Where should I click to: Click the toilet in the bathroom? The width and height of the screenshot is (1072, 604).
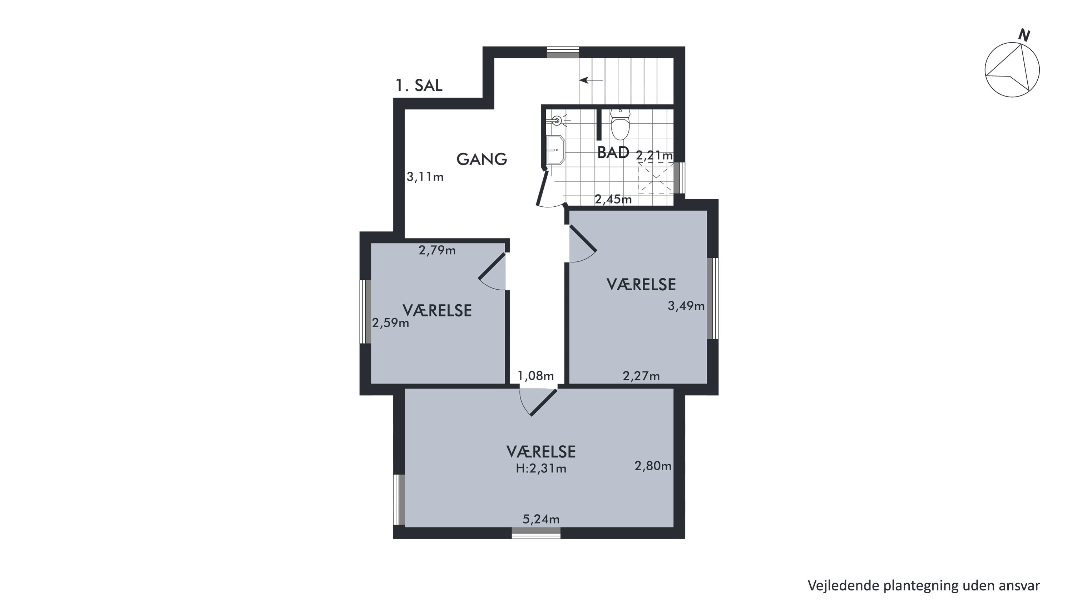click(620, 124)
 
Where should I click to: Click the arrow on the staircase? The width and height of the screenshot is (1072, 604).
click(591, 80)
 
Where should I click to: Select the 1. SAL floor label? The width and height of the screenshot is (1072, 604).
click(419, 86)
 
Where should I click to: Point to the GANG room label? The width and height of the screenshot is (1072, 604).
click(482, 159)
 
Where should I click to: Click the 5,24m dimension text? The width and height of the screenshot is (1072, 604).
click(541, 519)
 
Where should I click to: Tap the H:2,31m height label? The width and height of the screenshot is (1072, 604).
click(541, 469)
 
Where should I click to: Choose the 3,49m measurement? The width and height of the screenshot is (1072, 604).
click(686, 306)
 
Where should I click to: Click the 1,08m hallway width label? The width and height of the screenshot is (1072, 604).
click(535, 376)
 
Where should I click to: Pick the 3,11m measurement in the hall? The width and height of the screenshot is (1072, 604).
click(425, 177)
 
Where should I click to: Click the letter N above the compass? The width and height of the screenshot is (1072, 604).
click(1024, 35)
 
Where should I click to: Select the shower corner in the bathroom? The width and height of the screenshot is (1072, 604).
click(656, 178)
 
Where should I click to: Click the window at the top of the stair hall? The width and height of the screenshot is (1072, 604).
click(563, 53)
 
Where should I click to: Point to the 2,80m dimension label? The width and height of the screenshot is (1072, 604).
click(653, 466)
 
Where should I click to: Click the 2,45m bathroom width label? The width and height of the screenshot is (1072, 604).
click(613, 200)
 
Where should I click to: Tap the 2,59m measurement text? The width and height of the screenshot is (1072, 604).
click(390, 323)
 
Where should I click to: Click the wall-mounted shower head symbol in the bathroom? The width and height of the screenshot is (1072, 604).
click(558, 121)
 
